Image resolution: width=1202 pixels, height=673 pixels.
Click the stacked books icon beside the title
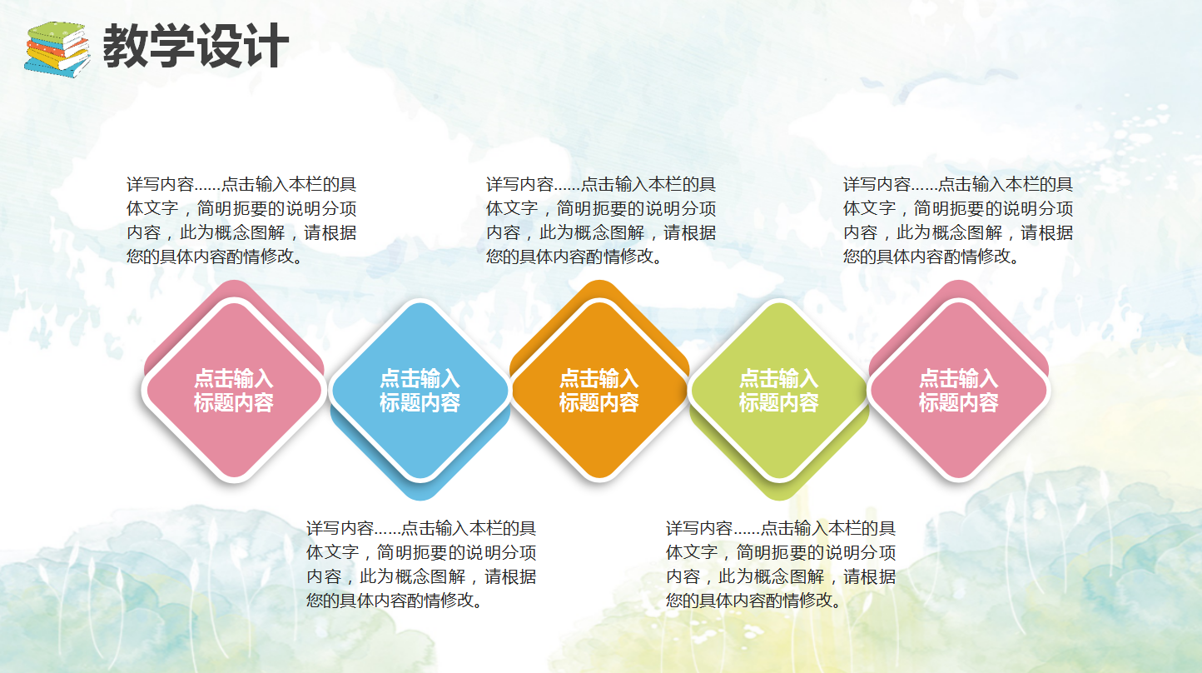click(57, 48)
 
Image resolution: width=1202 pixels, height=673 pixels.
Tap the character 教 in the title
click(126, 46)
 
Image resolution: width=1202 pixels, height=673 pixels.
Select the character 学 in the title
click(172, 46)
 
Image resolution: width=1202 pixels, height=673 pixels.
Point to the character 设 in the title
click(219, 46)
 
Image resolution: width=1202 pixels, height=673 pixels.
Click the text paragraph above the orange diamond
click(601, 221)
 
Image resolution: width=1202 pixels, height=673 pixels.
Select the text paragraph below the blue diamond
click(421, 564)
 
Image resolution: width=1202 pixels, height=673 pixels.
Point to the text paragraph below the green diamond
click(781, 564)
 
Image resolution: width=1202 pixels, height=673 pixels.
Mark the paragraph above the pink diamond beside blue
click(241, 221)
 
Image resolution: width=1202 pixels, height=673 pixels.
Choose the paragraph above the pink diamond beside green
click(958, 221)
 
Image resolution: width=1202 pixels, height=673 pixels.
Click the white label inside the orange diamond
click(599, 391)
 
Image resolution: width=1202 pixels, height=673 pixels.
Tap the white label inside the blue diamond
click(420, 391)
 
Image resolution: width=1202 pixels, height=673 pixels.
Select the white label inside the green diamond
click(779, 391)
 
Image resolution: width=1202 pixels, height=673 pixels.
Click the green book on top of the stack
click(57, 34)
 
